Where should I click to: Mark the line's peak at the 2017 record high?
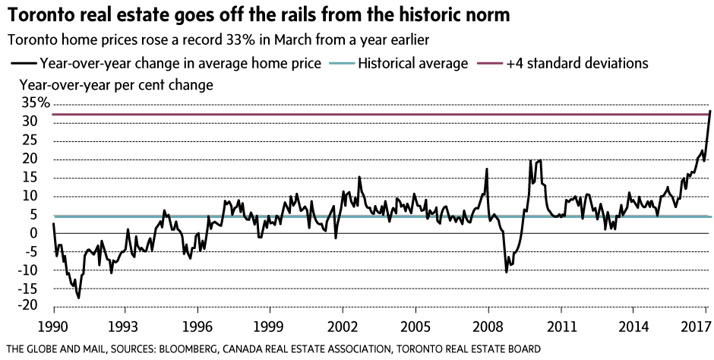pyautogui.click(x=709, y=111)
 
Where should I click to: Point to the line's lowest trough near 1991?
pyautogui.click(x=78, y=298)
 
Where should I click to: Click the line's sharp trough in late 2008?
pyautogui.click(x=507, y=271)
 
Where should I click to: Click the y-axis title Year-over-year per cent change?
pyautogui.click(x=116, y=84)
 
